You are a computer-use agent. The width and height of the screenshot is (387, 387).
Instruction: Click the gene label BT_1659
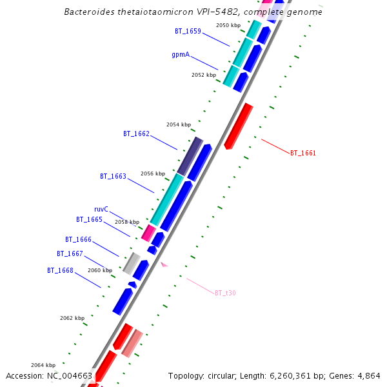188,31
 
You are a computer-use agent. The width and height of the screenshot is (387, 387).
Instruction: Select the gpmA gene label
181,55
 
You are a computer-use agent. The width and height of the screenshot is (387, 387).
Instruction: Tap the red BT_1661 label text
303,154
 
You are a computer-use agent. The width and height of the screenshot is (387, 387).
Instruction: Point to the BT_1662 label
136,134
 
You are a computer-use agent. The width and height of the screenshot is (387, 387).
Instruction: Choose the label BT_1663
113,176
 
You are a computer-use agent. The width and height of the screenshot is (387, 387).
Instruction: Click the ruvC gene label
101,210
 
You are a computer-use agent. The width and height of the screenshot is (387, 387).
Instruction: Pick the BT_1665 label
89,220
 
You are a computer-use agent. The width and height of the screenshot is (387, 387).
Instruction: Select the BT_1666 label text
78,240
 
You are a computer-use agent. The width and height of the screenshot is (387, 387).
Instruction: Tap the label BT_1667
70,254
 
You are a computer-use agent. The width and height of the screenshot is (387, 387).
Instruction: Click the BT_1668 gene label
60,271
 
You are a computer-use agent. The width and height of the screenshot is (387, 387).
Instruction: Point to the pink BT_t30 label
225,293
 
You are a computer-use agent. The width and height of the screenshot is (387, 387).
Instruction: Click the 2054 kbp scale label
179,124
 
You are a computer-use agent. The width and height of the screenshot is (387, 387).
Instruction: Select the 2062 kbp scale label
72,318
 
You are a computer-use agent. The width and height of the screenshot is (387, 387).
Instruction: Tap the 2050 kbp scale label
228,25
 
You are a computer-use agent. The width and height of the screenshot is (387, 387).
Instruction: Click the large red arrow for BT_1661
239,125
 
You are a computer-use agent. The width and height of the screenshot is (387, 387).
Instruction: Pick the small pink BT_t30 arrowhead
164,264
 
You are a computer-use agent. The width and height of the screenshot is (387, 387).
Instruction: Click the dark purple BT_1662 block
190,155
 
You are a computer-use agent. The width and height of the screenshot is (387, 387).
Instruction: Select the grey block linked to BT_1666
132,263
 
